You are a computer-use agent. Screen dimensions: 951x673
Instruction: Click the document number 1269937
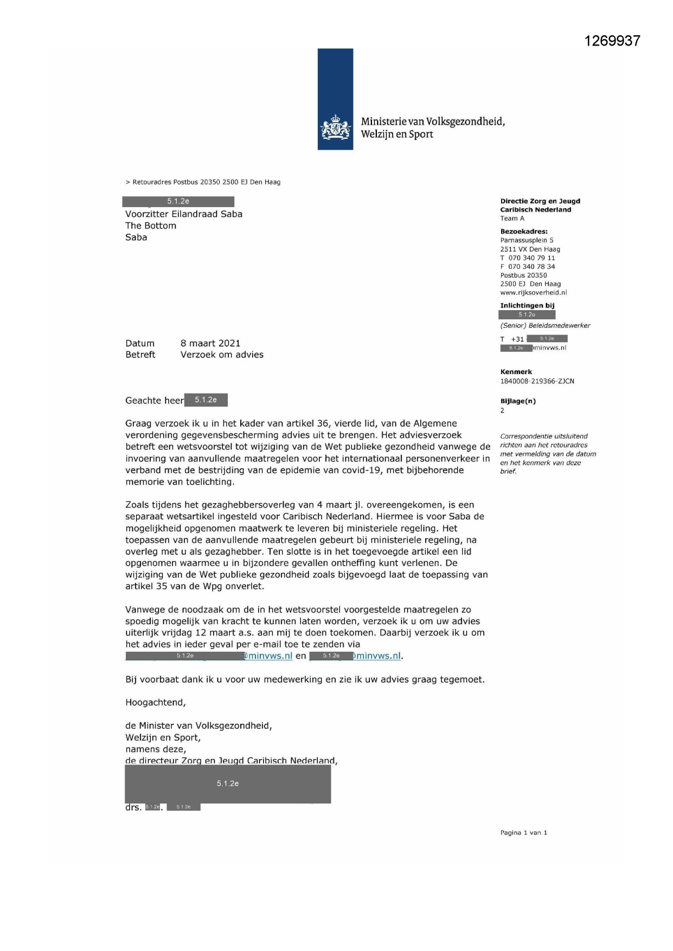(612, 41)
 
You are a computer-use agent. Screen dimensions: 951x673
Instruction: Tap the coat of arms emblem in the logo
(335, 128)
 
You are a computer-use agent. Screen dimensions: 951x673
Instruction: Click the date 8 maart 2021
(210, 343)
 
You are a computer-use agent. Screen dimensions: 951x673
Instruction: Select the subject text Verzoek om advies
(222, 355)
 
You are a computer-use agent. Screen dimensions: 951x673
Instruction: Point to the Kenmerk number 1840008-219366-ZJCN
(537, 381)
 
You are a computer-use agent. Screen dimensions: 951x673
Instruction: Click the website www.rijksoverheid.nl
(533, 293)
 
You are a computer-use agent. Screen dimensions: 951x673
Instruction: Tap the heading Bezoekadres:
(524, 232)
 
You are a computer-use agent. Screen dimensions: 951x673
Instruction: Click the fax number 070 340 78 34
(531, 267)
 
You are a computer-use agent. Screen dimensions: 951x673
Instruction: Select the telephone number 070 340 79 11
(531, 258)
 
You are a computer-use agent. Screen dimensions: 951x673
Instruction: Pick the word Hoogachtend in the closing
(155, 703)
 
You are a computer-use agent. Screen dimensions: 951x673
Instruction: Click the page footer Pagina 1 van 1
(523, 833)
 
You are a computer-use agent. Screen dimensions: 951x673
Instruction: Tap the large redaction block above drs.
(228, 783)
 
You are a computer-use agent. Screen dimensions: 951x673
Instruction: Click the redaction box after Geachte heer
(206, 400)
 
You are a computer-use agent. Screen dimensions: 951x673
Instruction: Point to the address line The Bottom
(151, 226)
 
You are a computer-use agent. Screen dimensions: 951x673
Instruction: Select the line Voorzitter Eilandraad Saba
(184, 214)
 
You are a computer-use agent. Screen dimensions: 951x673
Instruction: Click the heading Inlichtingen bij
(527, 306)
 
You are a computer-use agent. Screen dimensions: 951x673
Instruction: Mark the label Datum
(140, 343)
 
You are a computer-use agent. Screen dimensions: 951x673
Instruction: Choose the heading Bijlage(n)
(518, 401)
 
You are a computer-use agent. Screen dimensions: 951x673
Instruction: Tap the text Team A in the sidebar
(512, 219)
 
